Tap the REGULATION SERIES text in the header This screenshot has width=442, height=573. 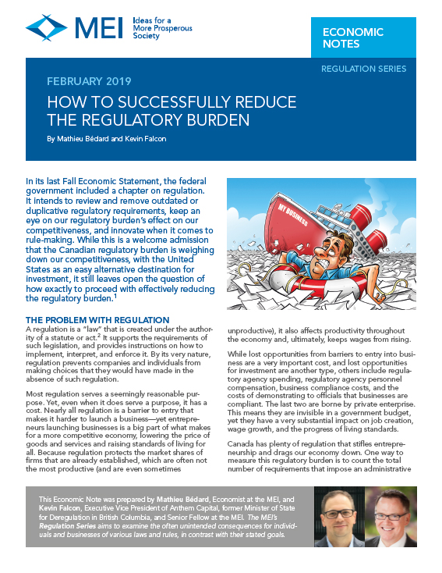pos(363,69)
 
